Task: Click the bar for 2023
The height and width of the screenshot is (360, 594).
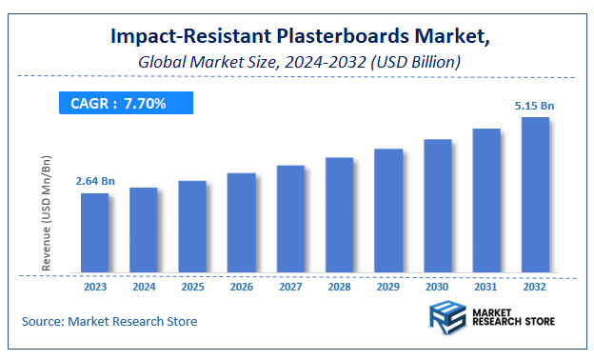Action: pyautogui.click(x=94, y=233)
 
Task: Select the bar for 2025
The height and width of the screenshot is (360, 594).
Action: pyautogui.click(x=192, y=227)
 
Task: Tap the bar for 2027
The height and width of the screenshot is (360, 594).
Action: pyautogui.click(x=290, y=219)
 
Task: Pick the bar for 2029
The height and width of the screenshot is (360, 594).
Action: pyautogui.click(x=387, y=210)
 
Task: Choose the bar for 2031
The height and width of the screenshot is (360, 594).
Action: pyautogui.click(x=485, y=201)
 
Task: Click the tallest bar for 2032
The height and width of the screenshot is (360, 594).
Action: pyautogui.click(x=535, y=195)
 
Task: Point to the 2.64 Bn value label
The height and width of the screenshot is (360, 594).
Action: pyautogui.click(x=95, y=181)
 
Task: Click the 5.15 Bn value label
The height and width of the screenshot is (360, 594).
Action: pyautogui.click(x=536, y=105)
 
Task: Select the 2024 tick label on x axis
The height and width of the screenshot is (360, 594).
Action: pyautogui.click(x=144, y=286)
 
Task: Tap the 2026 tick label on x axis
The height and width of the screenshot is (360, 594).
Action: pyautogui.click(x=242, y=286)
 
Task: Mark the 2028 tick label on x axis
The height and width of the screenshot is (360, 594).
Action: pyautogui.click(x=339, y=286)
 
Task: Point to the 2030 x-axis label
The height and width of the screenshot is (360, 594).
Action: pyautogui.click(x=437, y=286)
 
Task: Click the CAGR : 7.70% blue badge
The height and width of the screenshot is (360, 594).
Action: pyautogui.click(x=124, y=103)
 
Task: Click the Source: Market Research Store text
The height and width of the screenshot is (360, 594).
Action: pyautogui.click(x=109, y=322)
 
